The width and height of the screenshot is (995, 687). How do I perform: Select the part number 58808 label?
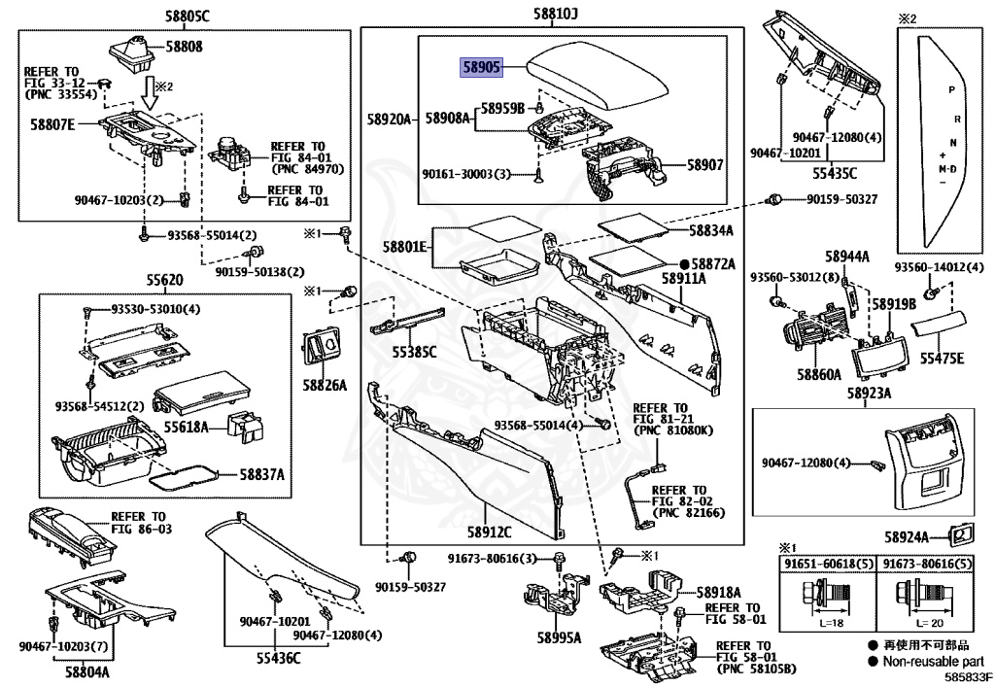click(x=184, y=46)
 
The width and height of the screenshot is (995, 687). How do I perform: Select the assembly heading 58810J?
click(x=555, y=14)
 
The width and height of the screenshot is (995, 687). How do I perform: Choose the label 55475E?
click(x=943, y=359)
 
